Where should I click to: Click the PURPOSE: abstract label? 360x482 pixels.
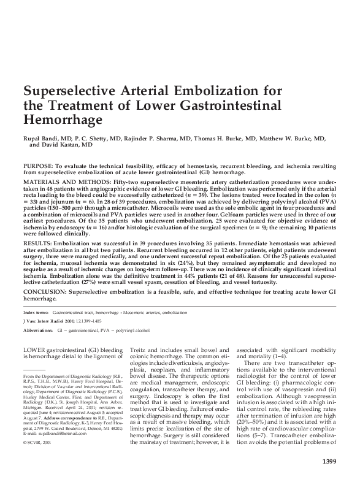click(x=37, y=166)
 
